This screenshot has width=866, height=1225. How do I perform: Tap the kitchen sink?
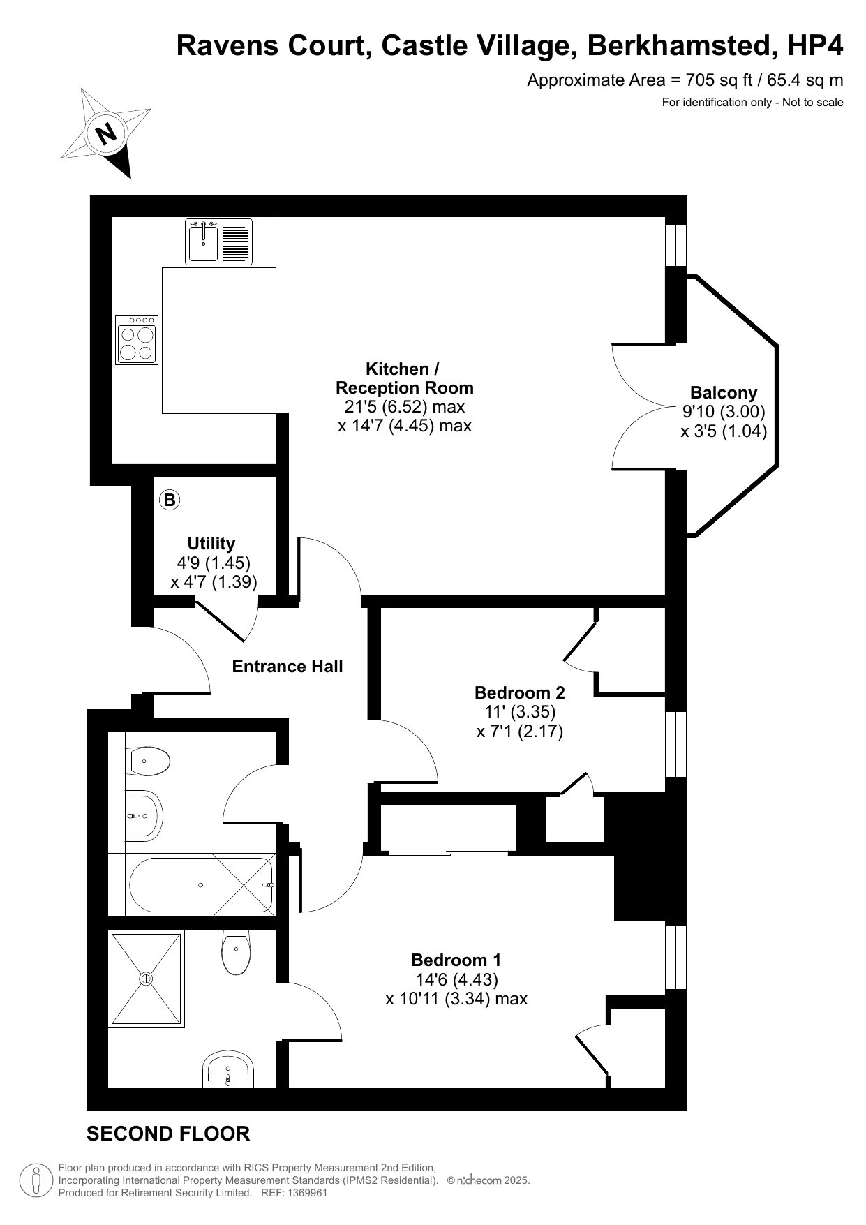(x=218, y=242)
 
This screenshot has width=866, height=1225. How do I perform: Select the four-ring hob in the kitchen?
(x=137, y=340)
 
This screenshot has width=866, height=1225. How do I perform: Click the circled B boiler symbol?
(x=170, y=500)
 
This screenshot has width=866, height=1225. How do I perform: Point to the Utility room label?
(x=211, y=543)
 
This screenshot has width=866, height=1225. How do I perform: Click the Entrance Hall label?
(x=288, y=667)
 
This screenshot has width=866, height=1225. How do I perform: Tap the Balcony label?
(x=724, y=393)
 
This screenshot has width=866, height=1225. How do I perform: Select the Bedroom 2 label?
(x=520, y=692)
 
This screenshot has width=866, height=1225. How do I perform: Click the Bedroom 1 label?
(x=456, y=960)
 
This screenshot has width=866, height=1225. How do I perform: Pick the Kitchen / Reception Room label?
(x=404, y=378)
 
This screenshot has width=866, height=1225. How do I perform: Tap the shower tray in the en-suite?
(x=146, y=979)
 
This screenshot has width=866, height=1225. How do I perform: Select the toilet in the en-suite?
(x=237, y=953)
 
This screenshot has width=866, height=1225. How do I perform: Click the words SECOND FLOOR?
(x=168, y=1134)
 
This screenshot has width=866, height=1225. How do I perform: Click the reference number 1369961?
(x=304, y=1193)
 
